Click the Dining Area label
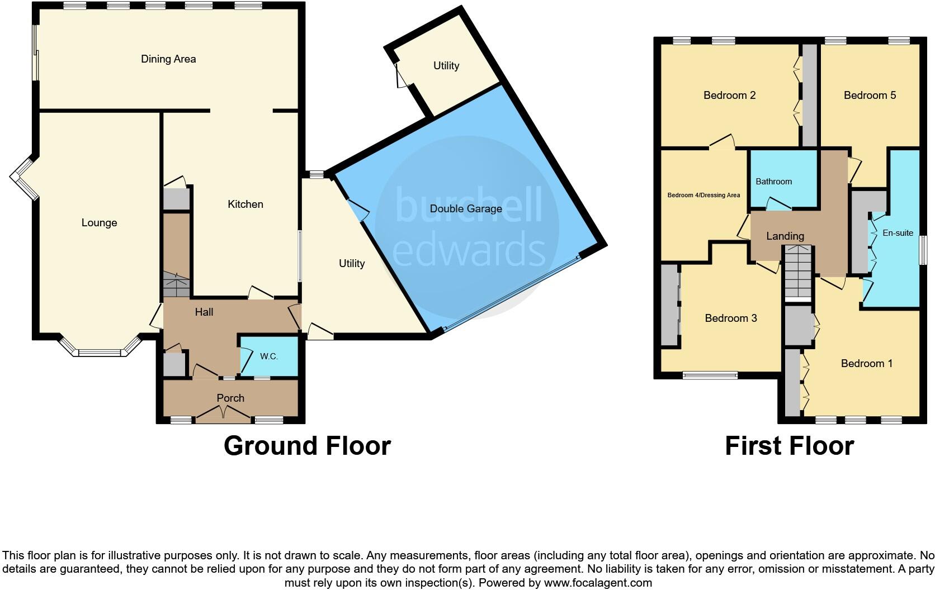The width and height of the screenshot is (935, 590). [x=168, y=59]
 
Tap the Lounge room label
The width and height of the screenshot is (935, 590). [x=99, y=223]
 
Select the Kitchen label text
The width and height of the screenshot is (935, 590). [x=245, y=204]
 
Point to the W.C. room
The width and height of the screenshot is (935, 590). [x=269, y=356]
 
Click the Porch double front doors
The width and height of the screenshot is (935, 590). [x=223, y=414]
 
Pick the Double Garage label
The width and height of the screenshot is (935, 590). [x=466, y=209]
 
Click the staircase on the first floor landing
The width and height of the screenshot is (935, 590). [x=796, y=274]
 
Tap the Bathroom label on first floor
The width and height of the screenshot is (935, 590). [x=773, y=182]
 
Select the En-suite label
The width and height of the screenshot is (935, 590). [x=898, y=233]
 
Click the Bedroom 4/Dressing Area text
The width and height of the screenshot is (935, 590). [x=703, y=195]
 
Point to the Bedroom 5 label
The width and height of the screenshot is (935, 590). [x=870, y=96]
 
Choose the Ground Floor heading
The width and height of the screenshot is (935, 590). [x=307, y=446]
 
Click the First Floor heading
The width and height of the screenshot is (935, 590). [x=789, y=446]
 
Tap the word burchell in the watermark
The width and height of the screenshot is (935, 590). [x=469, y=204]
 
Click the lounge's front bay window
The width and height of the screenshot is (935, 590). [x=100, y=353]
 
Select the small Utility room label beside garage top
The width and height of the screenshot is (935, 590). [x=446, y=66]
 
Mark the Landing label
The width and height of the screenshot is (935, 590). [x=785, y=236]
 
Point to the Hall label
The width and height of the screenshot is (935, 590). [x=204, y=312]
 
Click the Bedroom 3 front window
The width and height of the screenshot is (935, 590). [x=710, y=375]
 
